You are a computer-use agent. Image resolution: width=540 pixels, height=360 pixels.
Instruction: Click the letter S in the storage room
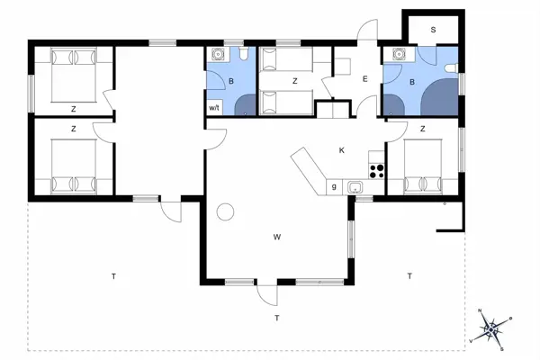[433, 30]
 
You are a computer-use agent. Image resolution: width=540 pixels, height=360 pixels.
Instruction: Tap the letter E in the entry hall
[364, 80]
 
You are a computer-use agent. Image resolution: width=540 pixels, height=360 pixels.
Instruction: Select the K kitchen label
[342, 149]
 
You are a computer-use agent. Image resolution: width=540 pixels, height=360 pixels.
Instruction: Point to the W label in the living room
[278, 237]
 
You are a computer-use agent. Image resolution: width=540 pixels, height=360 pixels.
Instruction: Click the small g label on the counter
[334, 186]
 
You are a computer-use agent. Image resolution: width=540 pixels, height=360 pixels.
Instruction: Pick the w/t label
[214, 108]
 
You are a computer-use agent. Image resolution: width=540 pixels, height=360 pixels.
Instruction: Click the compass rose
[491, 329]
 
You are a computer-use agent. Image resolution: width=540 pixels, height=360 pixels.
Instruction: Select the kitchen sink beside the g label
[355, 187]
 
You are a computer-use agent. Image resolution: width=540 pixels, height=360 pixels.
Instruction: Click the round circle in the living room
[226, 212]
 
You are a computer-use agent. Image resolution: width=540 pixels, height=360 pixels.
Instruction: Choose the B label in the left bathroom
[230, 82]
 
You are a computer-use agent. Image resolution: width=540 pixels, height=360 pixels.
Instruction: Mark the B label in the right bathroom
[411, 82]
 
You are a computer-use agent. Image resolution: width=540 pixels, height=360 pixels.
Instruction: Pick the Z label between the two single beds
[294, 81]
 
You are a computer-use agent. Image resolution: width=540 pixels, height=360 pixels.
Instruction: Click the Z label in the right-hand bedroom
[422, 129]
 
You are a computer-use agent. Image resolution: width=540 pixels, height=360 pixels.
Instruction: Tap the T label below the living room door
[277, 319]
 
